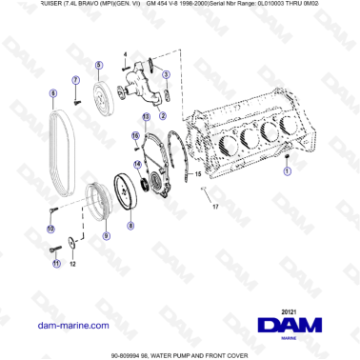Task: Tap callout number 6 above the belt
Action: point(53,92)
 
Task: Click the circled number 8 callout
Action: point(131,226)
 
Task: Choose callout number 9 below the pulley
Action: point(107,234)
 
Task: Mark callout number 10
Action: point(50,229)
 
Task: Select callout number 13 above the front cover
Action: point(146,115)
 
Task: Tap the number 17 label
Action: point(215,207)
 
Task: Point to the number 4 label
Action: point(125,54)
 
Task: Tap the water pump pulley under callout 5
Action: point(102,93)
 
